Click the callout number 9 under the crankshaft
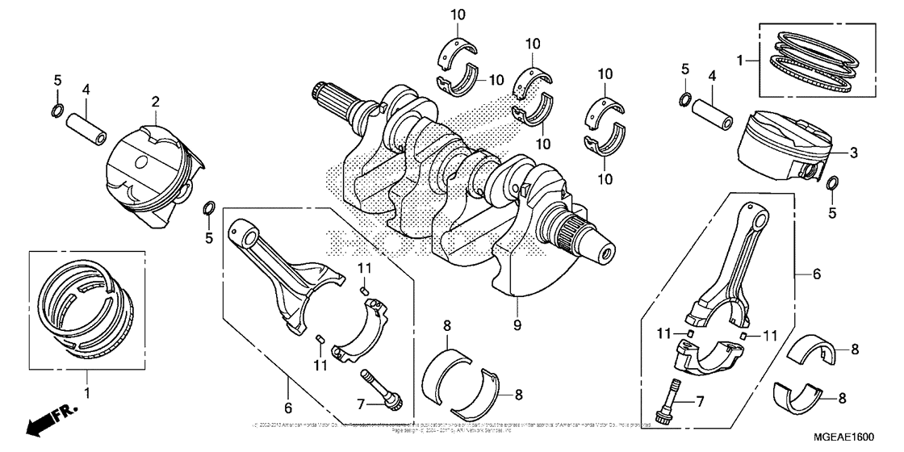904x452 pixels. point(517,324)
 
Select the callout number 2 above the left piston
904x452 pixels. point(155,102)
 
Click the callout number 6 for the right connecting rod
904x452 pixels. point(817,274)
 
